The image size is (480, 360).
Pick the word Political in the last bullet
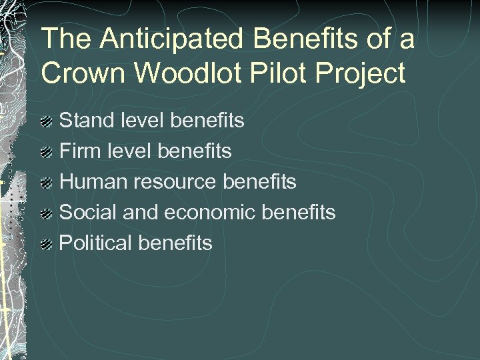[x=96, y=243]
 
